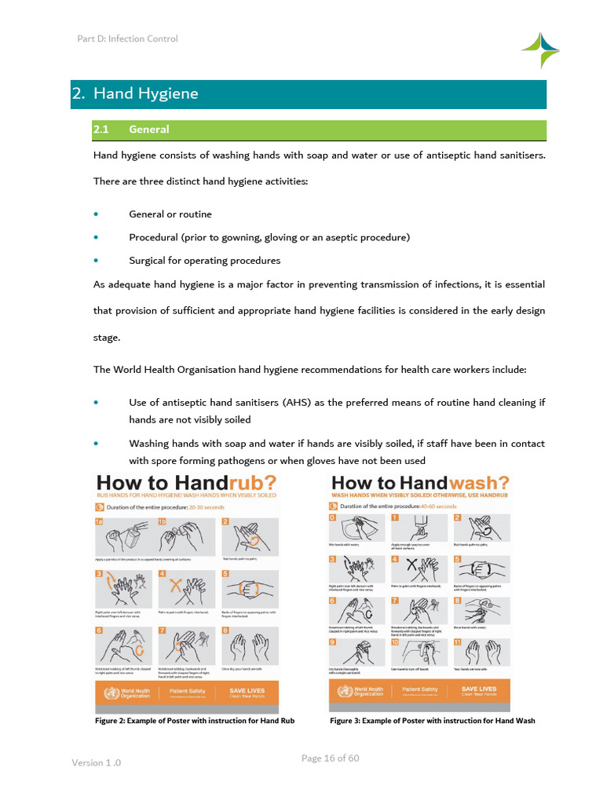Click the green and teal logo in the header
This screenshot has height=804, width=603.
540,49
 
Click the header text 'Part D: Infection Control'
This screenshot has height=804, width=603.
127,38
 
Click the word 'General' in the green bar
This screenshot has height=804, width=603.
149,130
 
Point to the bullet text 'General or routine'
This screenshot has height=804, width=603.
170,214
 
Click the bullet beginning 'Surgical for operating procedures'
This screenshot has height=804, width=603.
204,261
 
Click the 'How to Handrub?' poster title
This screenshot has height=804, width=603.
185,482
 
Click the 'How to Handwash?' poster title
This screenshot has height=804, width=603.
420,482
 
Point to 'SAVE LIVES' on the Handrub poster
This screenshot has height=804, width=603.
247,691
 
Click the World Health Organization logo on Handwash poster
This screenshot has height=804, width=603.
358,692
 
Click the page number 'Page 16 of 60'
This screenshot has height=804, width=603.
331,758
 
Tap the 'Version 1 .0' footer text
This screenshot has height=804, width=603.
97,762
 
